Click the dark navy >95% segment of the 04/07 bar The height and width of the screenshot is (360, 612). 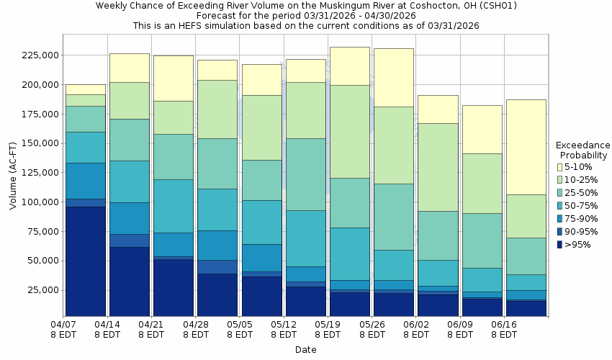85,261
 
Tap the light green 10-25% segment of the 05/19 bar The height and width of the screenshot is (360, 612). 349,132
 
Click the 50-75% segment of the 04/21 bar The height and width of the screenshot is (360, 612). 173,206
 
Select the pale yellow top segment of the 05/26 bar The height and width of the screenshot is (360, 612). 393,77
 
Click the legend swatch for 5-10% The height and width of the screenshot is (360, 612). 559,167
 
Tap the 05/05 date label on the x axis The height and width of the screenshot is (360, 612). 239,329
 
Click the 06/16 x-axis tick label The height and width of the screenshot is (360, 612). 503,329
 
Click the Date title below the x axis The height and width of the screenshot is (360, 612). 305,350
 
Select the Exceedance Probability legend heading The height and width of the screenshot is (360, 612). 583,150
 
